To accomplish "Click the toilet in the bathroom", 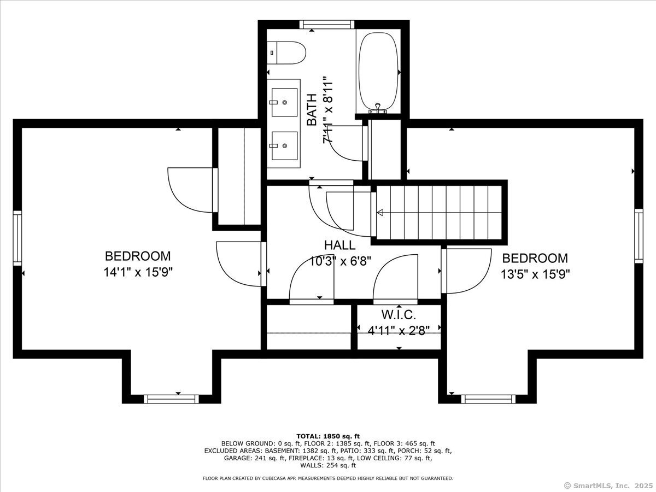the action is [286, 53].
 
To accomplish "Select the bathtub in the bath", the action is [378, 73].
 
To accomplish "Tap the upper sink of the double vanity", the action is [284, 102].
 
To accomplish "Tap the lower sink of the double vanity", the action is [284, 146].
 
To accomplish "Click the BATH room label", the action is [312, 110].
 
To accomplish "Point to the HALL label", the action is [340, 245].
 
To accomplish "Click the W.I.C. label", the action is [399, 314].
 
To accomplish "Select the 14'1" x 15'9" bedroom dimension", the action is [138, 272].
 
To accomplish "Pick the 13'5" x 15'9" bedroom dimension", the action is [535, 274].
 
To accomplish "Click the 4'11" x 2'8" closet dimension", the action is [399, 331].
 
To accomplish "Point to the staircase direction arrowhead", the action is [380, 213].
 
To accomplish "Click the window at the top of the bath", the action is [327, 25].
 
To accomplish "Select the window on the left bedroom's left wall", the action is [17, 238].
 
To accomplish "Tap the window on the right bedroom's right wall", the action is [639, 236].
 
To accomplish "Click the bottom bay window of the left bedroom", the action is [171, 399].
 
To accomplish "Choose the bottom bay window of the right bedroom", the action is [488, 399].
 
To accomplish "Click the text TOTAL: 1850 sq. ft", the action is [328, 436].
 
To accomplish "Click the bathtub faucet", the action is [378, 108].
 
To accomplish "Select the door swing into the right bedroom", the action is [466, 271].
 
